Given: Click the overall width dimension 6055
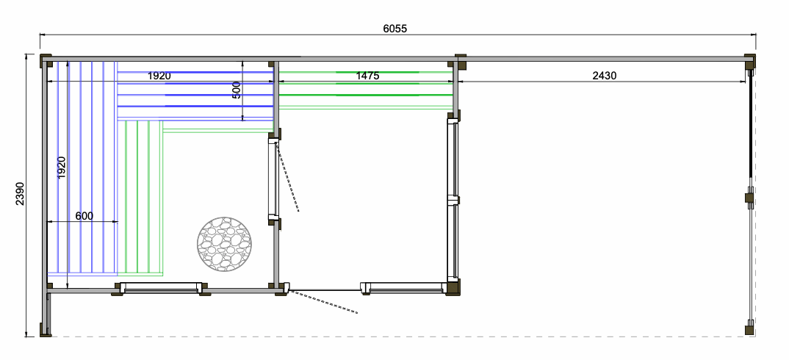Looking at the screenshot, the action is (395, 29).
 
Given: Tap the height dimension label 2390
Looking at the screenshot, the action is (20, 193).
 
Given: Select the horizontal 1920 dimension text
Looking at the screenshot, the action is (159, 76).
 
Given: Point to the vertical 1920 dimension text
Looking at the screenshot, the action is (62, 168).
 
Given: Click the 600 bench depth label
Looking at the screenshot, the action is (84, 216).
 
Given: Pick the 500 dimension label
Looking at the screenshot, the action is (237, 90).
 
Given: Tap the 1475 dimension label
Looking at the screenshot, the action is (367, 76).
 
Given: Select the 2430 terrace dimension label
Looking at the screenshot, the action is (605, 76).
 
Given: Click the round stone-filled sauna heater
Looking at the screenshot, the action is (224, 244).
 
